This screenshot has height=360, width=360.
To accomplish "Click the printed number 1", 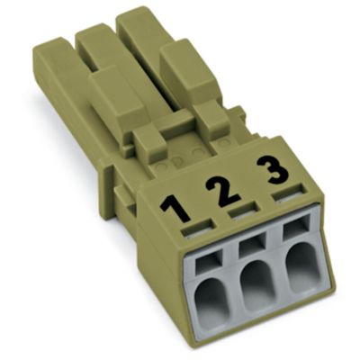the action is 175,208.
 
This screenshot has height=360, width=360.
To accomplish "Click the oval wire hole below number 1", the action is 212,299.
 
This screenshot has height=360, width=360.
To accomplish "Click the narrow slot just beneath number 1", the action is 198,228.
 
